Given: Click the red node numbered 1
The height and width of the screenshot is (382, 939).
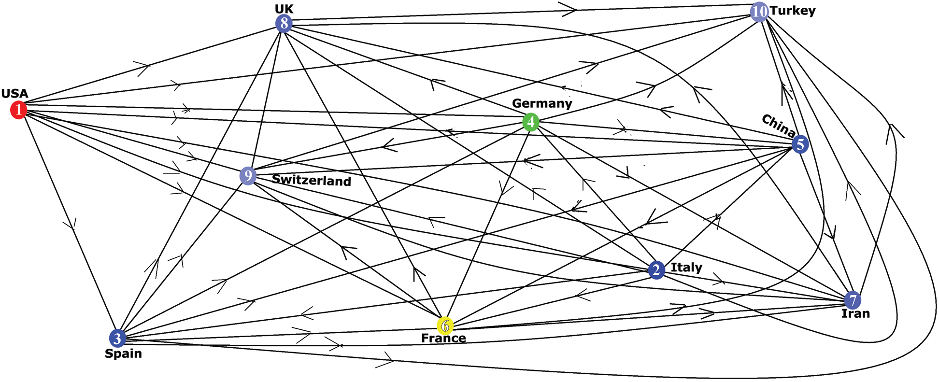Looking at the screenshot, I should point(18,110).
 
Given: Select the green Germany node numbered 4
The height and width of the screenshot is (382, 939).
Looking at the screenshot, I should point(530,122).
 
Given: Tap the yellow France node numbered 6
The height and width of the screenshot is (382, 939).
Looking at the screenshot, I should point(445,326).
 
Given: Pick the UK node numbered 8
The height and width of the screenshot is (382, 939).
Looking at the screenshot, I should point(284,23).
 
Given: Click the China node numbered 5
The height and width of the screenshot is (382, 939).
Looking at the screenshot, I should point(800,144).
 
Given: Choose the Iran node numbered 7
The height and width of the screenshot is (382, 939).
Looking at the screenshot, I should point(853,300).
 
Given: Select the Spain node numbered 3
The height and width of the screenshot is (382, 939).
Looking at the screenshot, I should point(117,338).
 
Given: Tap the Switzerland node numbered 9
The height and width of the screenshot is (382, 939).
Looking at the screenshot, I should point(248,176).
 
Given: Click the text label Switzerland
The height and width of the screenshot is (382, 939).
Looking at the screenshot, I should point(311,181).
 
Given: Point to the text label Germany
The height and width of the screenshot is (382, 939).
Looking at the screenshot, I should point(541,103).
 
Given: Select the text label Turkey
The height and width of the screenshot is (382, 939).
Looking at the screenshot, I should point(793,11).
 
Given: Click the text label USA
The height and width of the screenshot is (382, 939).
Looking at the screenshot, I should point(14,94).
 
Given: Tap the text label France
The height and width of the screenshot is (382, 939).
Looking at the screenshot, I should point(443,338).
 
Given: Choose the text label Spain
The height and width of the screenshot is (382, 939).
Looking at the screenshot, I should point(123,354).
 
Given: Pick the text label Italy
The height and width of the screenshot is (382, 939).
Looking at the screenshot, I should point(686,268).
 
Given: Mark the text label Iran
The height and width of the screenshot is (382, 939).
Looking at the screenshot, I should point(855,314).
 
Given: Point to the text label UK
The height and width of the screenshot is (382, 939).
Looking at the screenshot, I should point(284,9).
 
